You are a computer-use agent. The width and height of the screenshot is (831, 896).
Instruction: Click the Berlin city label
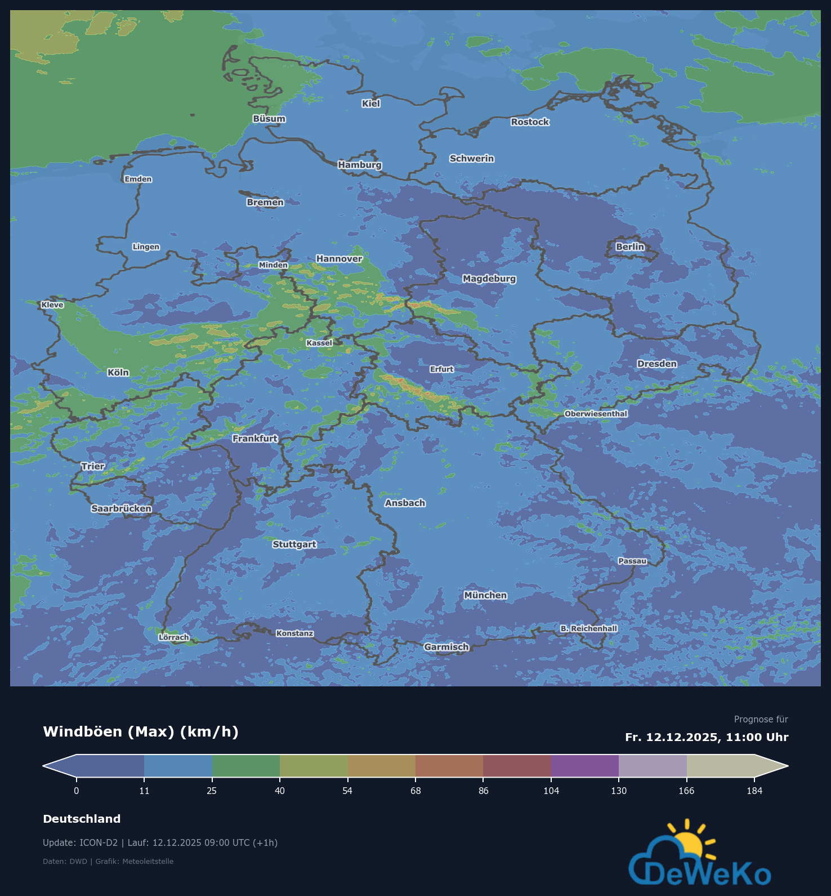(x=629, y=247)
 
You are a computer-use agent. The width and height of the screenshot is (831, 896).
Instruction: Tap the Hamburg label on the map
(x=360, y=165)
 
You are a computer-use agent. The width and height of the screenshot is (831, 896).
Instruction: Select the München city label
(x=485, y=595)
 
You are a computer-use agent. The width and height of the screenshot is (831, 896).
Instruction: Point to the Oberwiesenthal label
(x=596, y=414)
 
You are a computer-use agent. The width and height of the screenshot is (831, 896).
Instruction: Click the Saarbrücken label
(x=121, y=508)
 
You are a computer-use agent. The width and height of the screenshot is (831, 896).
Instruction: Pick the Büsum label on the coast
(x=269, y=119)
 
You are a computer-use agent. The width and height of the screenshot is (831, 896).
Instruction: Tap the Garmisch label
(x=446, y=647)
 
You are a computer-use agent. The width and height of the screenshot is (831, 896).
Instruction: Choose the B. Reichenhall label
(x=589, y=628)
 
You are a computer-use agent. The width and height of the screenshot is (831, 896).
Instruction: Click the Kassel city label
(x=319, y=343)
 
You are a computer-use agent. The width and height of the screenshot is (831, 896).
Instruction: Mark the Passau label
(x=632, y=561)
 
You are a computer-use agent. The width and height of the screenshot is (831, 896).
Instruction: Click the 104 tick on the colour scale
(x=551, y=791)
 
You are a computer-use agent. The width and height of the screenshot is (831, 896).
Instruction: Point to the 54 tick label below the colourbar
(x=347, y=791)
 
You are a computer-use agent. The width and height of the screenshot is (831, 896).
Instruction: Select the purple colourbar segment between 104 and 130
(x=585, y=766)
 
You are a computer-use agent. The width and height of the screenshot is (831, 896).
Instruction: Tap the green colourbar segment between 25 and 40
(x=246, y=766)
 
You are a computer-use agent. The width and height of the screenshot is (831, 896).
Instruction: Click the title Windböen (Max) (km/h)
(x=141, y=731)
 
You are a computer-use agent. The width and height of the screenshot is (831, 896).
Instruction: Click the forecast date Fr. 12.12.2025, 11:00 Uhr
(x=707, y=737)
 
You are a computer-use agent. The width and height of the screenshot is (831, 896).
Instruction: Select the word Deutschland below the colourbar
(x=82, y=819)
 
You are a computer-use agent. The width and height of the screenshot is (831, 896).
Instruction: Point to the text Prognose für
(x=761, y=719)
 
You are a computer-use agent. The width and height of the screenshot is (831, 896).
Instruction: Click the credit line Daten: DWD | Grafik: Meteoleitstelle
(x=108, y=861)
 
